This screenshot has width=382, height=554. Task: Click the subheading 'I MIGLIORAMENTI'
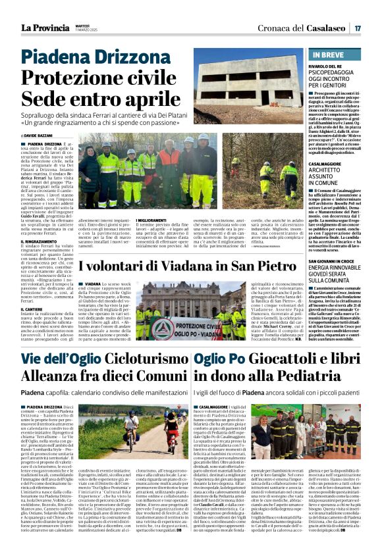[154, 220]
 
